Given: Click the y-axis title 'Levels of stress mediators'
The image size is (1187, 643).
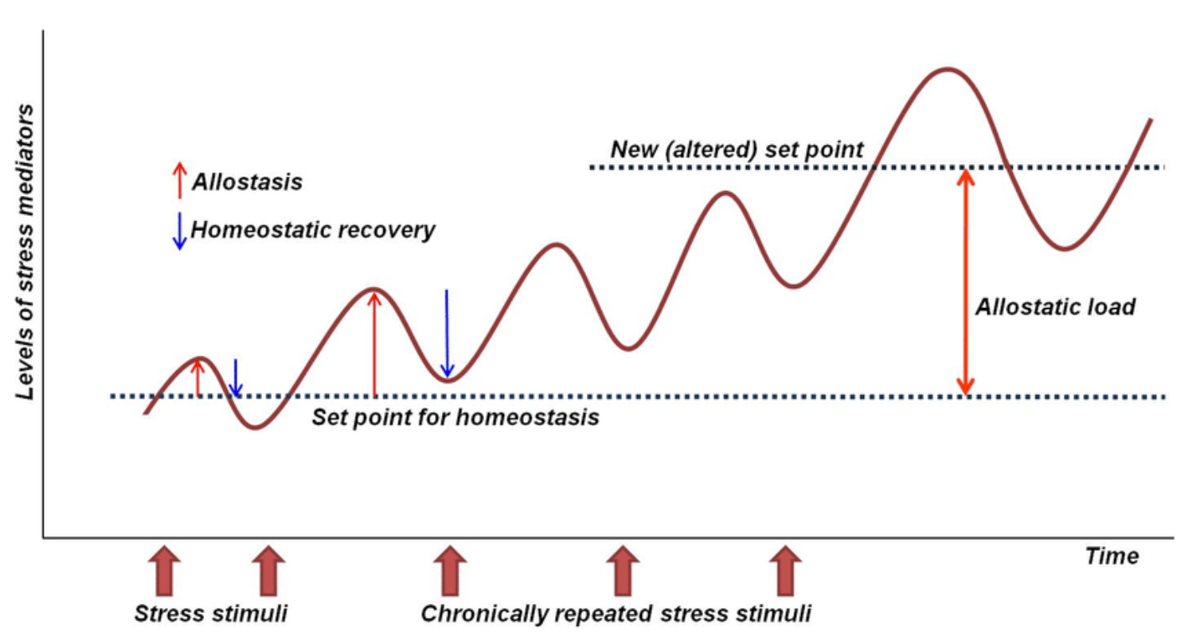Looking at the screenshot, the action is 25,252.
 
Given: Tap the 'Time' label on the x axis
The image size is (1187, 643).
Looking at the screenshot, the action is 1112,556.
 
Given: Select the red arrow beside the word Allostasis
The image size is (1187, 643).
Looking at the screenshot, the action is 180,180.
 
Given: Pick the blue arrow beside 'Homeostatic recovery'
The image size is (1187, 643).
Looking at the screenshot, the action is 180,231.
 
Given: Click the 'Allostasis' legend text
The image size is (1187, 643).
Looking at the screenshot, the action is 247,182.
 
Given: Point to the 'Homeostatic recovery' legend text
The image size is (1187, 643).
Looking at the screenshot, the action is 312,230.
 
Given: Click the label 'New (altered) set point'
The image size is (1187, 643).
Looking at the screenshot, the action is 737,150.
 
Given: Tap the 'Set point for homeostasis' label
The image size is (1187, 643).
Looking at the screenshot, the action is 455,417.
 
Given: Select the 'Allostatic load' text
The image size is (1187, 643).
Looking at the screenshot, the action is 1056,306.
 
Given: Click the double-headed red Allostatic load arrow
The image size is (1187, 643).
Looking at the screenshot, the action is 965,282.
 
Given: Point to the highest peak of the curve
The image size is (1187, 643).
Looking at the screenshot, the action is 948,69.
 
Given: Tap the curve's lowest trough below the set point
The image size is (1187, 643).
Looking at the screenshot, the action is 255,427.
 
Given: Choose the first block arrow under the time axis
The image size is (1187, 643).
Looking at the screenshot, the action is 164,570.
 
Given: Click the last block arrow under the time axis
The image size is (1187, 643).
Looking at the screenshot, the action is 785,570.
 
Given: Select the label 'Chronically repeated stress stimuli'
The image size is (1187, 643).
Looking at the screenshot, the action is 616,614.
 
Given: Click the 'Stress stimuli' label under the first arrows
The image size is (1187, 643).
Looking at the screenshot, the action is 211,614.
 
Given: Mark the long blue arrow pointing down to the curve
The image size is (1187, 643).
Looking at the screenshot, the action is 447,333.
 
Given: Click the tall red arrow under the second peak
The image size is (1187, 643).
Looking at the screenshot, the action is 374,345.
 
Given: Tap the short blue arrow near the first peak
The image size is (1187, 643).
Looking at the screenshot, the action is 235,378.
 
